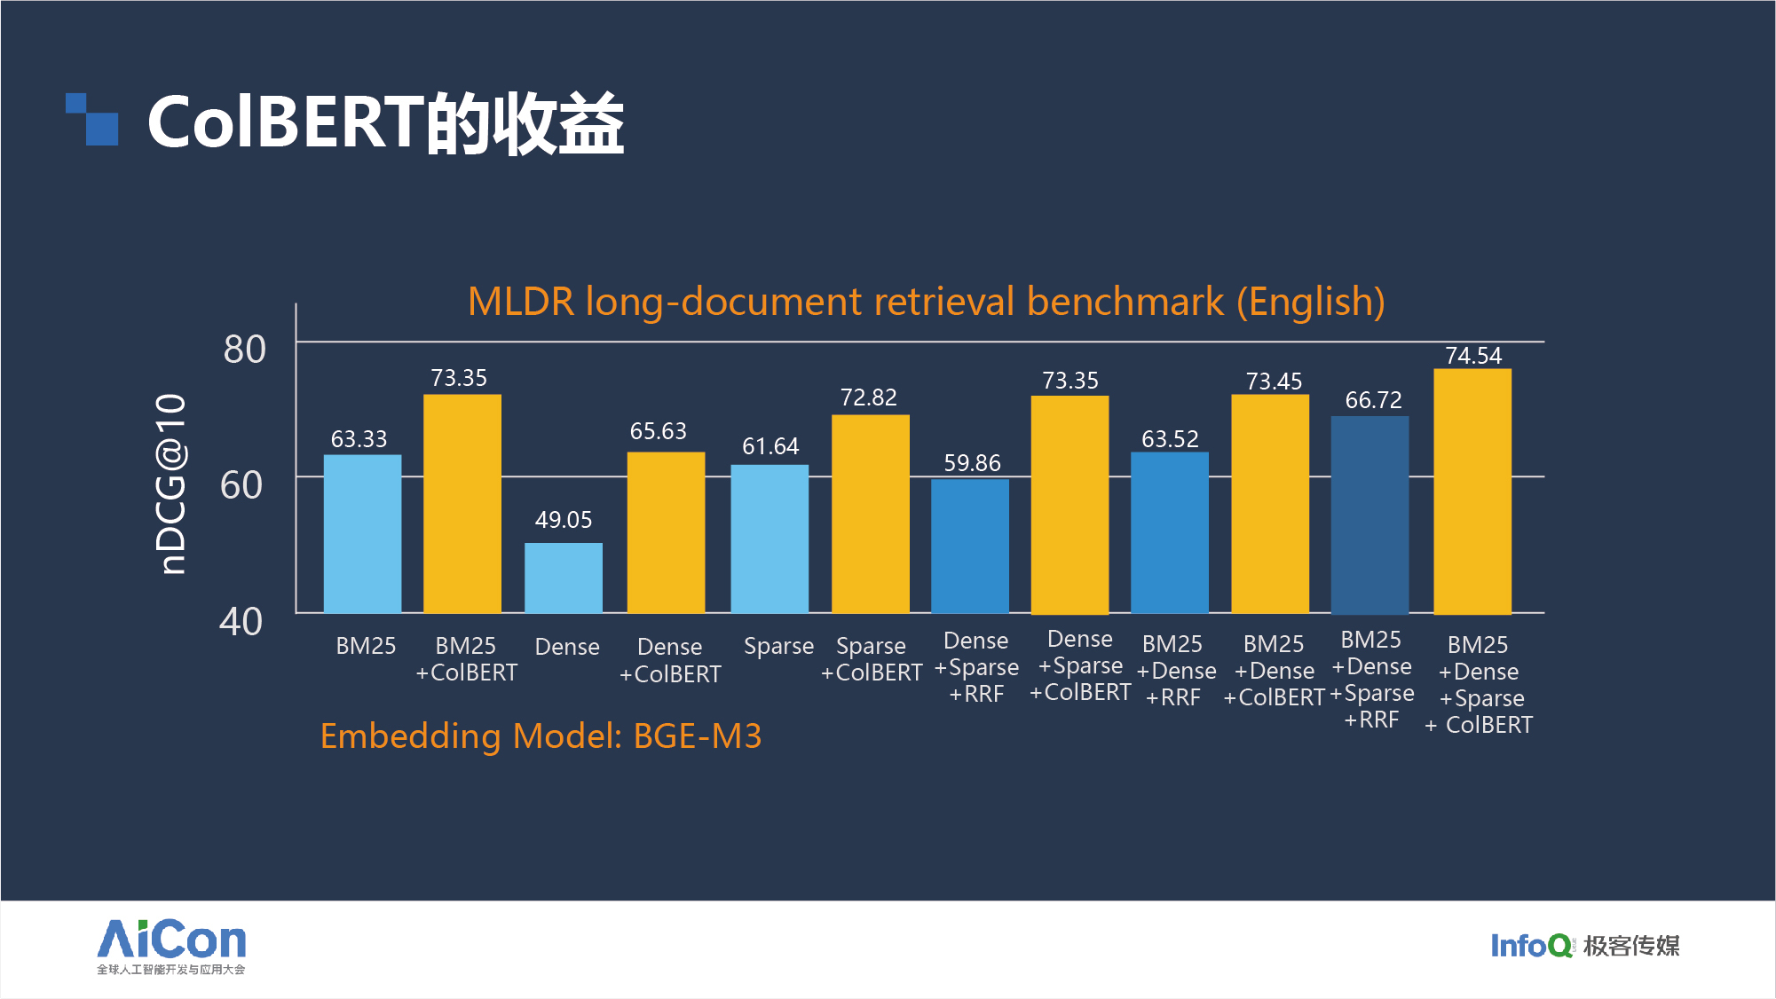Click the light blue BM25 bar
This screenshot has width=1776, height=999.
tap(362, 533)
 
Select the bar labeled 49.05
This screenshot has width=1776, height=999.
tap(563, 578)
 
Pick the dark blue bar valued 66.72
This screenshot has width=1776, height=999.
tap(1369, 515)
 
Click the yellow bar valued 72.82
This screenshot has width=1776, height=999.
tap(870, 514)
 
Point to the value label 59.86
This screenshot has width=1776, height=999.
tap(972, 463)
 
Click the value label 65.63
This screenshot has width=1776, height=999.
tap(658, 431)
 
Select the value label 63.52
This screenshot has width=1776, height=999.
tap(1170, 439)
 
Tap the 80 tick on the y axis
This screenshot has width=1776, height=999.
tap(244, 350)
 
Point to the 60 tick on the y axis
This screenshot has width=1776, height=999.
tap(241, 485)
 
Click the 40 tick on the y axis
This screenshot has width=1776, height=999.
tap(241, 622)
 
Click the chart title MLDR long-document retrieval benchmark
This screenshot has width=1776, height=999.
tap(926, 302)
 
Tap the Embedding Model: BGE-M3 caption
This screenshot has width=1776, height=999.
tap(541, 736)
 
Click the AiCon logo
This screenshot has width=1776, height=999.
tap(171, 946)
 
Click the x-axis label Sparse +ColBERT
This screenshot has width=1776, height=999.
tap(871, 659)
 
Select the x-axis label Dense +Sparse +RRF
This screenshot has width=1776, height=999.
tap(976, 667)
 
